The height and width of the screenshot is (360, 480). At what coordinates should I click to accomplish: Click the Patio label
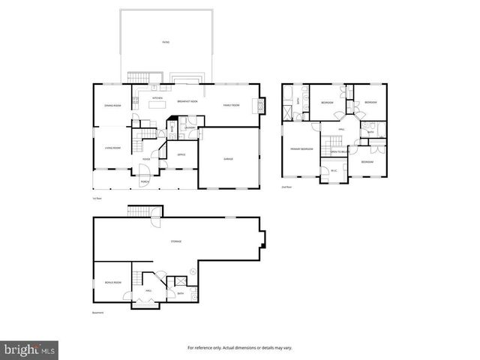(166, 42)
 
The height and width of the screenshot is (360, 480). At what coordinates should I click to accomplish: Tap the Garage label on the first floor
(228, 159)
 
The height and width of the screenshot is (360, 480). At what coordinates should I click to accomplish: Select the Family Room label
(231, 105)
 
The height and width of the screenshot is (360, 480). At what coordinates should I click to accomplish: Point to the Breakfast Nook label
(187, 100)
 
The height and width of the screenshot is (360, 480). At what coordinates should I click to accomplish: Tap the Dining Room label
(112, 105)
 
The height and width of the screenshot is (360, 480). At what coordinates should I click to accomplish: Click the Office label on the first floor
(181, 154)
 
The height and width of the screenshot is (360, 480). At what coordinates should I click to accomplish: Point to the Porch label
(145, 181)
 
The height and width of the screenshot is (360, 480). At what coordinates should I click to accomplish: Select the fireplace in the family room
(260, 106)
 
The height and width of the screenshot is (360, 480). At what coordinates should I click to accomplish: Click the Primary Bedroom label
(301, 149)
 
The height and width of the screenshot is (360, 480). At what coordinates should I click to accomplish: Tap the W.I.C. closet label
(334, 170)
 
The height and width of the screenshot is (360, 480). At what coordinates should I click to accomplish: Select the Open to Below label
(339, 152)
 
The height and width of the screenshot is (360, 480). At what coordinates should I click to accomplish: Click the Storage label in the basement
(176, 241)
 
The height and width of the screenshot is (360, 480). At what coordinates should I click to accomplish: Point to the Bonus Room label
(112, 282)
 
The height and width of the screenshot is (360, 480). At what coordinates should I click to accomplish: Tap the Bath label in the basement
(181, 293)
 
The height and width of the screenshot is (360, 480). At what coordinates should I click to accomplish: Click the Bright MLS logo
(30, 349)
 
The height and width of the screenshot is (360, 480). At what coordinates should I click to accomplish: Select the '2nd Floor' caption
(286, 187)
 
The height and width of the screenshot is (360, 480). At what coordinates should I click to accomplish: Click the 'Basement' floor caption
(98, 313)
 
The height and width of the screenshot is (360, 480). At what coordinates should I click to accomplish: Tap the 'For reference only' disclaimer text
(239, 348)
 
